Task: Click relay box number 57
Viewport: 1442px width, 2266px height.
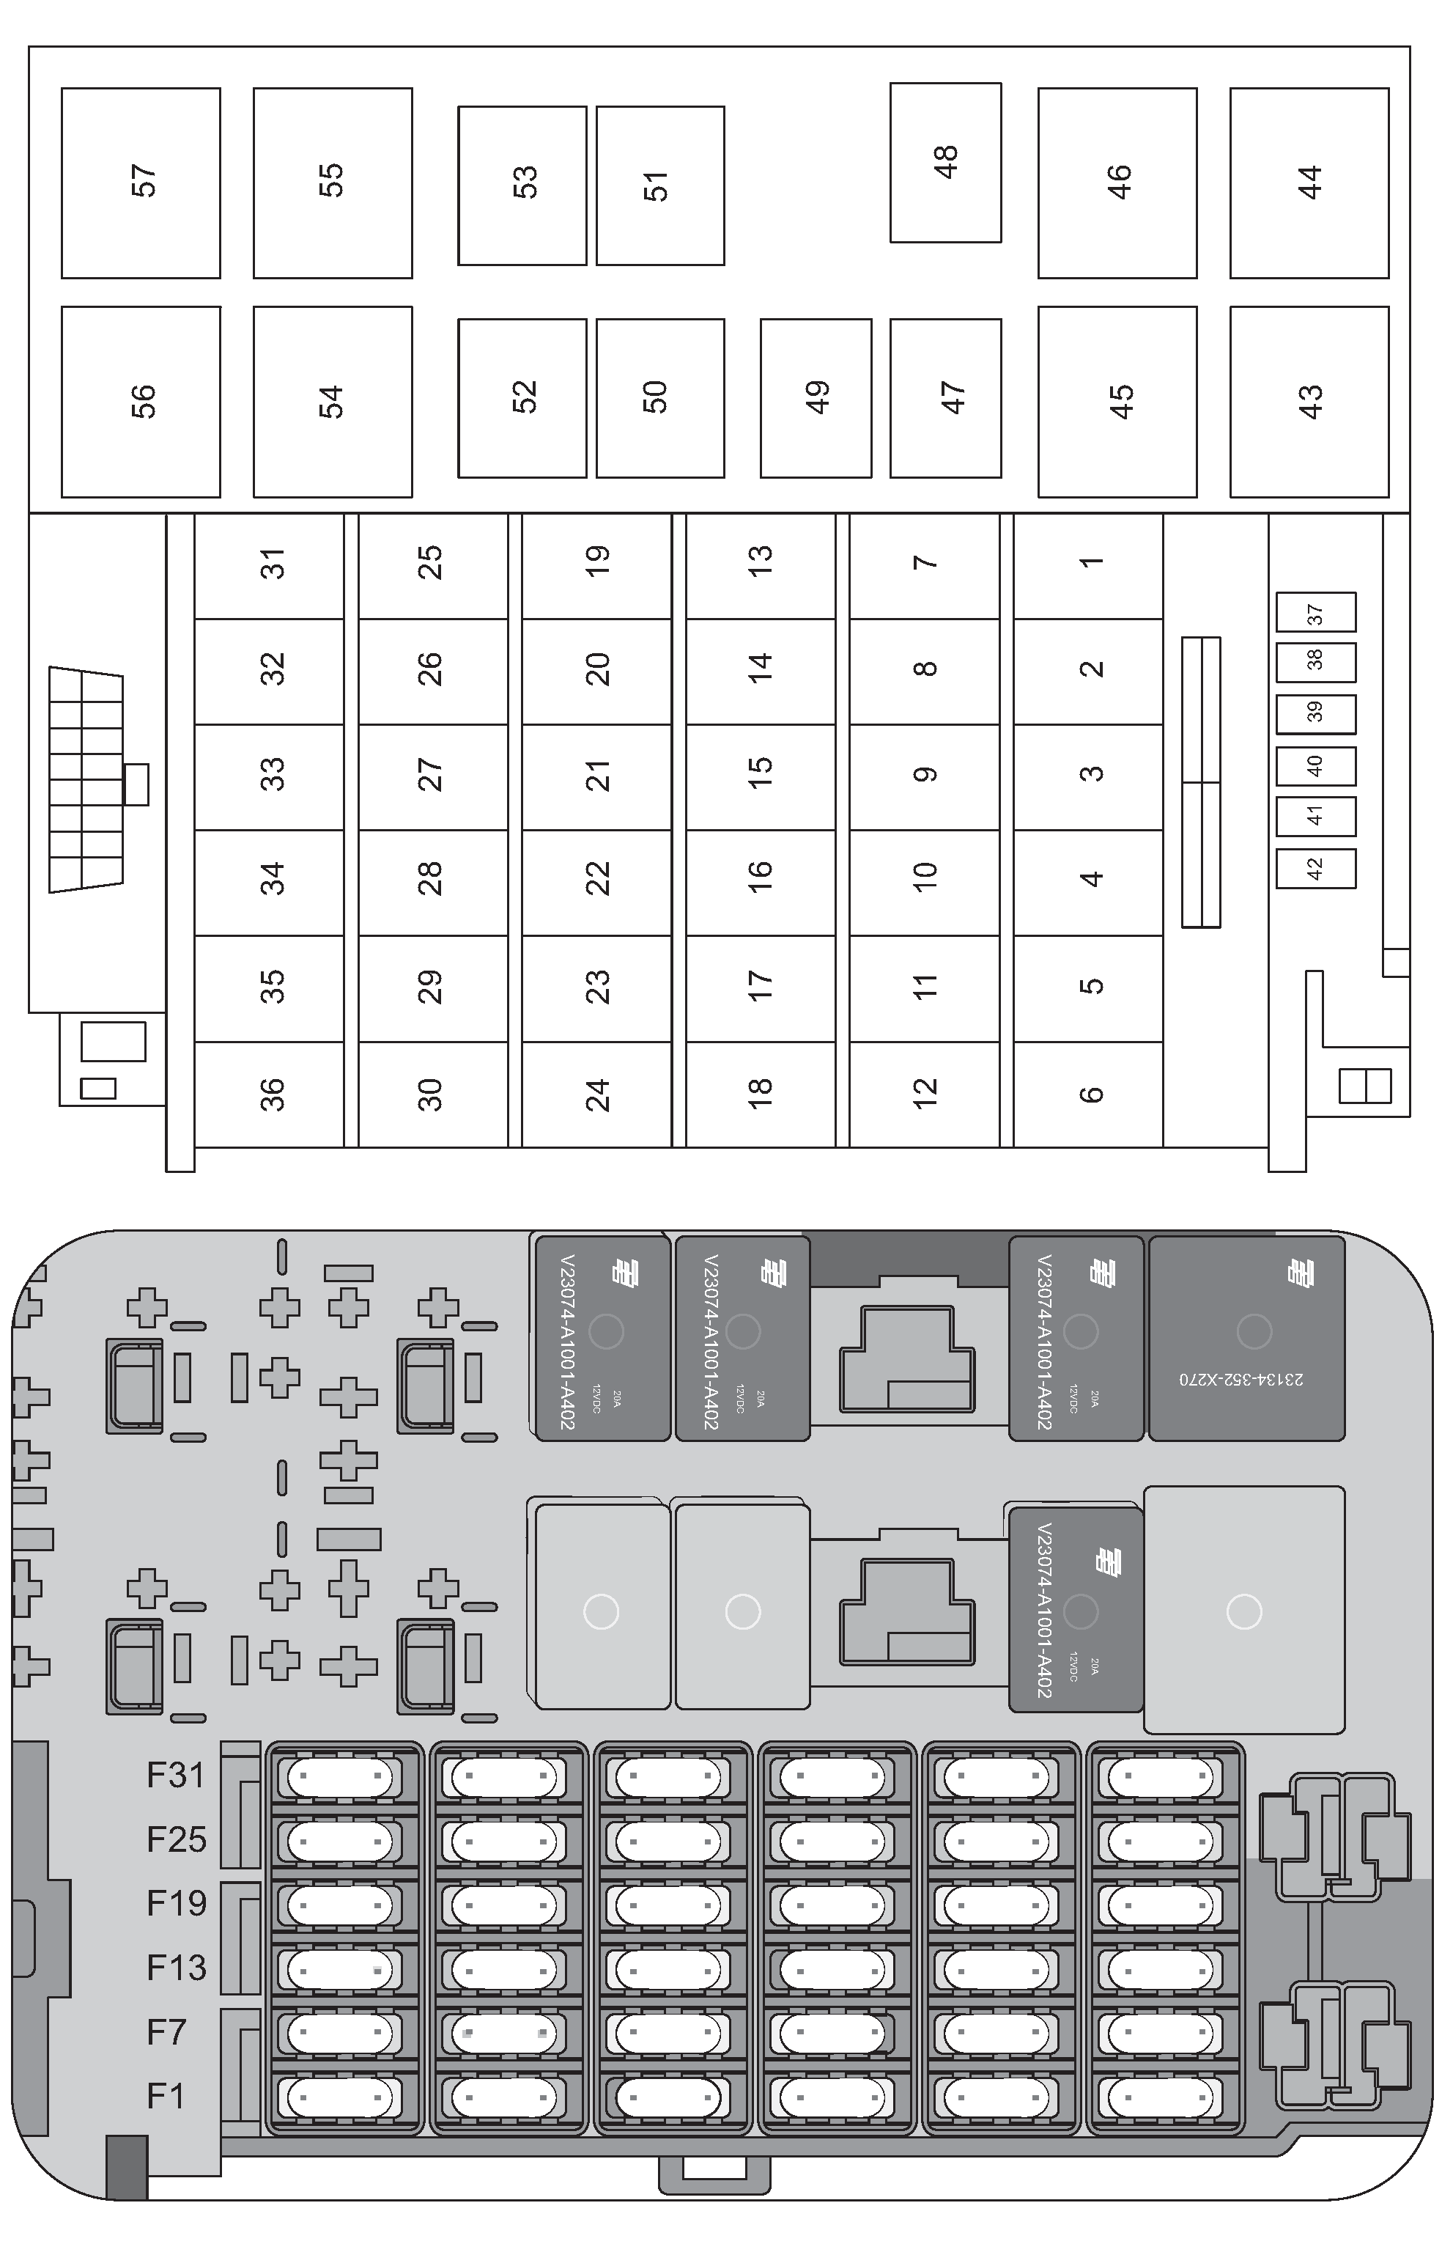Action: [141, 183]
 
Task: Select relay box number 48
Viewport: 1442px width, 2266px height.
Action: [945, 162]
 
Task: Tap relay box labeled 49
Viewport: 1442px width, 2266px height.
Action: [816, 397]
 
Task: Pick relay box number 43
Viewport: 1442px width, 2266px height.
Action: [1309, 402]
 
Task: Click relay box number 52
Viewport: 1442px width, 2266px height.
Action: [522, 397]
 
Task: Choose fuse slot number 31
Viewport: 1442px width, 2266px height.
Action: [270, 565]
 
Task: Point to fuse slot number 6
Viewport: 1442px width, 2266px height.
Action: [1088, 1095]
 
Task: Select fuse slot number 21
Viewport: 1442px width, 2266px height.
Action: [596, 776]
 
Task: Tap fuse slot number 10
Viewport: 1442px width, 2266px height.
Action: [924, 882]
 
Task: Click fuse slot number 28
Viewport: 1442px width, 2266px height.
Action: [433, 882]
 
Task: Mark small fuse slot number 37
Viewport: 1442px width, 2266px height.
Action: [1315, 613]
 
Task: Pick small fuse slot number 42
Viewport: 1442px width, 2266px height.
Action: [1315, 869]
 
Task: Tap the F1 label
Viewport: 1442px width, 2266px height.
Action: [166, 2096]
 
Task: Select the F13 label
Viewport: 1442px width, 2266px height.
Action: [176, 1967]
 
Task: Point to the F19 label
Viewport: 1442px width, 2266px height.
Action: [176, 1903]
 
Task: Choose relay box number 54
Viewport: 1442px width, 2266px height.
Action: [332, 402]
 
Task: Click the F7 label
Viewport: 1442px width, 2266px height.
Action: [166, 2031]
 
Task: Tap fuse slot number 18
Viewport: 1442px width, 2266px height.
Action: [760, 1095]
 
